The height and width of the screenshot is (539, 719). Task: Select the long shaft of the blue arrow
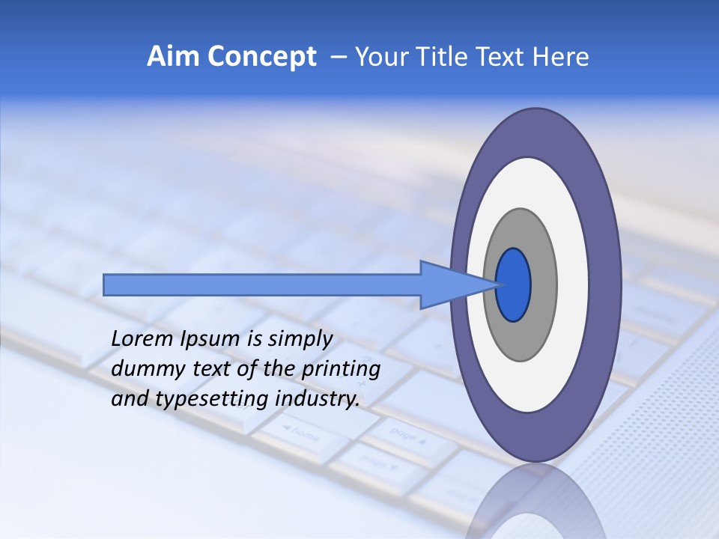pyautogui.click(x=262, y=284)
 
